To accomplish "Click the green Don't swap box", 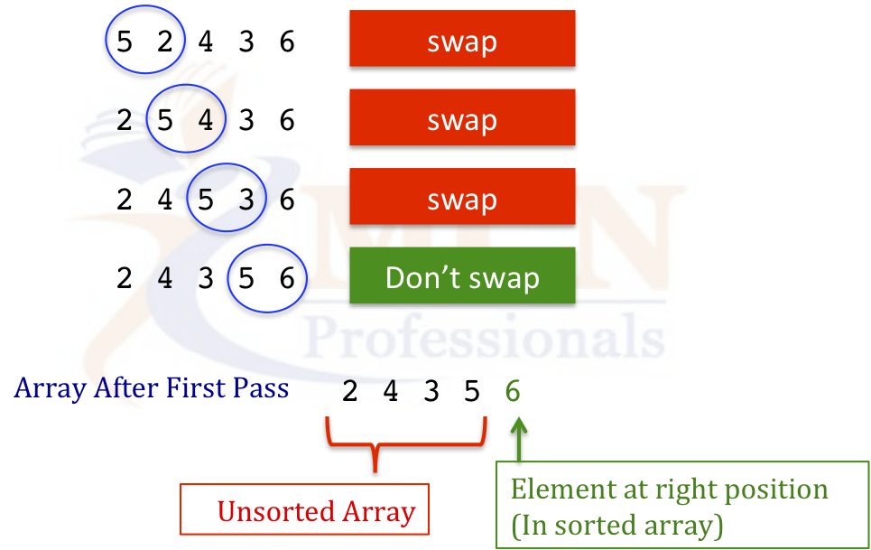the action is (462, 275).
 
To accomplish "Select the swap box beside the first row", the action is (462, 38).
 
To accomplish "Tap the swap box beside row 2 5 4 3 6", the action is (462, 117).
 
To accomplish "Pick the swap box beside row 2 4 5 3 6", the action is (462, 197).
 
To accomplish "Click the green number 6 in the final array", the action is (513, 390).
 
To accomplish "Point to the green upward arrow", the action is (519, 440).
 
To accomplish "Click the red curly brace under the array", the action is (406, 444).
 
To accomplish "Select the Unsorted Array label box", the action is (304, 508).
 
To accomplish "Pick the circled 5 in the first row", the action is (125, 42).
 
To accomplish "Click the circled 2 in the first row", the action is (165, 42).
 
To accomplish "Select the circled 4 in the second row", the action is (206, 120).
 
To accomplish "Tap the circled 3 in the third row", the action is (246, 200).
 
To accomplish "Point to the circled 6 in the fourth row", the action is (287, 278).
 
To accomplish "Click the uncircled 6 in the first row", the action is (287, 42).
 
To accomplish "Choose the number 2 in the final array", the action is (350, 390).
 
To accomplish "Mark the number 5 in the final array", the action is (472, 390).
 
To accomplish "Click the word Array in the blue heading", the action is (50, 388).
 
